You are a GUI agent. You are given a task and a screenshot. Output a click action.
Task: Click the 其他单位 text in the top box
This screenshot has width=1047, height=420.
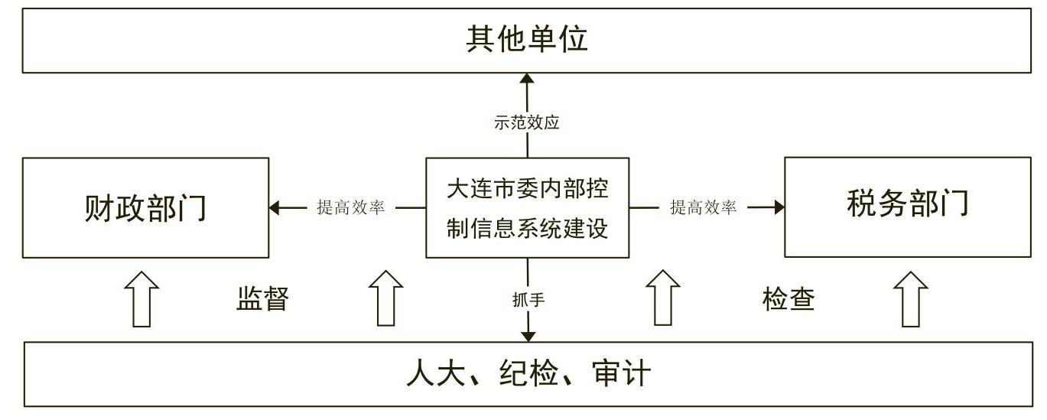(x=527, y=40)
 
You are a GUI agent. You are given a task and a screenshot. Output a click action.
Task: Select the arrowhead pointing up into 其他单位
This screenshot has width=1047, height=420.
(x=527, y=79)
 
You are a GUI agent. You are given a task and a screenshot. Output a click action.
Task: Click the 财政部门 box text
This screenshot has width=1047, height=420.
(x=145, y=208)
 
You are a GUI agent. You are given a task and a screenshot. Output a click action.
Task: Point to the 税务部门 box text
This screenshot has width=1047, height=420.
(x=908, y=204)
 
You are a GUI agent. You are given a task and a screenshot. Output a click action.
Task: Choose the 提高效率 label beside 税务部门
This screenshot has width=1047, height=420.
(x=704, y=207)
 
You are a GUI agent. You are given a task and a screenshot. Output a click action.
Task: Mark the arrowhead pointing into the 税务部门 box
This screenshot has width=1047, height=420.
(x=779, y=207)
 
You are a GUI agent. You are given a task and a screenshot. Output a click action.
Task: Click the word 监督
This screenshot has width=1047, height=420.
(x=262, y=299)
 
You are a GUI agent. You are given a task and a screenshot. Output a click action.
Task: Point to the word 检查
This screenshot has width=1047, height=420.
(x=789, y=298)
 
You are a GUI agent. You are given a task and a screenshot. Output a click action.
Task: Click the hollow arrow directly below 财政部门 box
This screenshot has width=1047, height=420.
(x=141, y=298)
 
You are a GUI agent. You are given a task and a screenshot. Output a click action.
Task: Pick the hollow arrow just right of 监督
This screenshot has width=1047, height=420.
(x=385, y=298)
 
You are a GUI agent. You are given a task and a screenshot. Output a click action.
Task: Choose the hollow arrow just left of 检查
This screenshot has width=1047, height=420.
(x=662, y=298)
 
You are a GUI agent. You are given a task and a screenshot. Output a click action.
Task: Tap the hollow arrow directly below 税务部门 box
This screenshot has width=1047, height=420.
(x=910, y=298)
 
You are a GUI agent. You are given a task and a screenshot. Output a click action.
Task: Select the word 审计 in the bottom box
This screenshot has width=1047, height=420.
(x=621, y=375)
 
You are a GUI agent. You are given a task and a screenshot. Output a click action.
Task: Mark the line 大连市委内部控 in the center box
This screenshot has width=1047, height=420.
(x=528, y=187)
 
